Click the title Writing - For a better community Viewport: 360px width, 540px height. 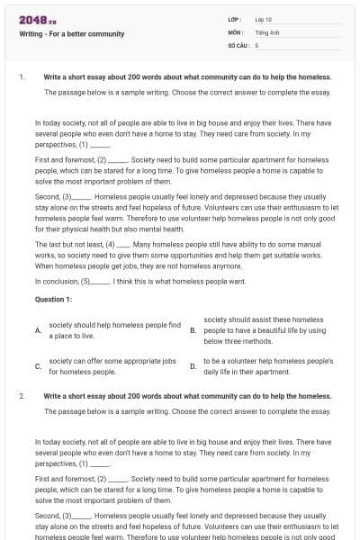72,34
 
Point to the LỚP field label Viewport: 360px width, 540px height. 236,19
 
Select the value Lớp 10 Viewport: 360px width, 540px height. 265,19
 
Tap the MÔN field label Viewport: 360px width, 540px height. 236,31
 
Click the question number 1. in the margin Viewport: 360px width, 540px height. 22,77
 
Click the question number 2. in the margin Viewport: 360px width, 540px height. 22,396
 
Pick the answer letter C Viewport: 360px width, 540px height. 38,366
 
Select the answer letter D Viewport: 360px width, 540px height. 193,366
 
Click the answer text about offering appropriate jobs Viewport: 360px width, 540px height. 107,366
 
